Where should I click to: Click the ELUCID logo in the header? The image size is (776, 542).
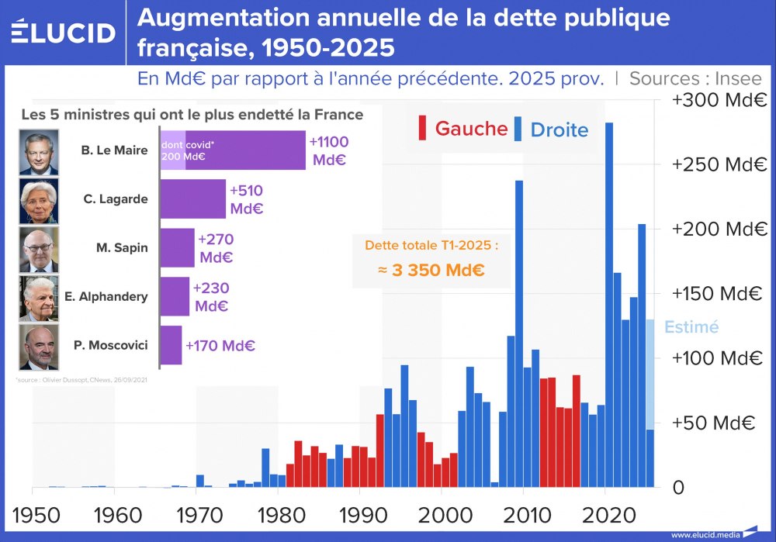pyautogui.click(x=63, y=33)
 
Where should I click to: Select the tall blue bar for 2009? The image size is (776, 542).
pyautogui.click(x=519, y=333)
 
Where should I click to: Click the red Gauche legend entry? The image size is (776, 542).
pyautogui.click(x=464, y=129)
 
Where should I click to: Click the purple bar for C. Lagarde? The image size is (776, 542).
pyautogui.click(x=193, y=199)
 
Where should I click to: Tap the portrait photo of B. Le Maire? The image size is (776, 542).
pyautogui.click(x=39, y=151)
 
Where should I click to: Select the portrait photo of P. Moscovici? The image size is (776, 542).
pyautogui.click(x=39, y=347)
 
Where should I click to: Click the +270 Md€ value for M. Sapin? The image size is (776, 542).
pyautogui.click(x=216, y=248)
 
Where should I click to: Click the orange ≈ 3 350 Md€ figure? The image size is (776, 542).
pyautogui.click(x=431, y=271)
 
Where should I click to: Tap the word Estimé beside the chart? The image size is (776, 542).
pyautogui.click(x=692, y=327)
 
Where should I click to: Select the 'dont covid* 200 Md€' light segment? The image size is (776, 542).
pyautogui.click(x=173, y=150)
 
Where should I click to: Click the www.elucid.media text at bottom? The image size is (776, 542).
pyautogui.click(x=705, y=534)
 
